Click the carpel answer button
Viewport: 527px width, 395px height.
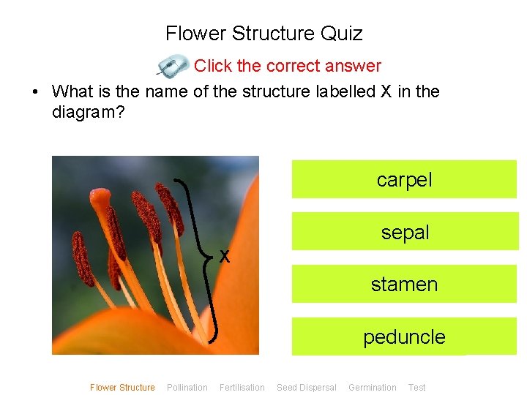point(404,179)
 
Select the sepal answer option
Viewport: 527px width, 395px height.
point(404,232)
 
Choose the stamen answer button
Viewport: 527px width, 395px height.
point(404,284)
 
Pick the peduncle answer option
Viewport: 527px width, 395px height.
point(404,336)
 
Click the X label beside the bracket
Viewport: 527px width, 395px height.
point(225,256)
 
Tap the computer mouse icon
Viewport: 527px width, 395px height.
point(173,66)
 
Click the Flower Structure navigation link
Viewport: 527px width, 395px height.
point(122,388)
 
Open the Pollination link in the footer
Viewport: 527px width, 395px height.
point(187,388)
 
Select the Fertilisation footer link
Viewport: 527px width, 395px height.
point(242,388)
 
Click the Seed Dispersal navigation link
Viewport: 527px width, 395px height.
point(307,388)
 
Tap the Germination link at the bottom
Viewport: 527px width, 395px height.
point(373,388)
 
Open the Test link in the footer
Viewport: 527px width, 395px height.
point(417,388)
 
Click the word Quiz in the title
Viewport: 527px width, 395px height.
point(340,34)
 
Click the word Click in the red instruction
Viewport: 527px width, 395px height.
point(213,66)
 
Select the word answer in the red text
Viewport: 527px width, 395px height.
point(354,66)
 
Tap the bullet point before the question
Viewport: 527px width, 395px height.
point(34,92)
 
